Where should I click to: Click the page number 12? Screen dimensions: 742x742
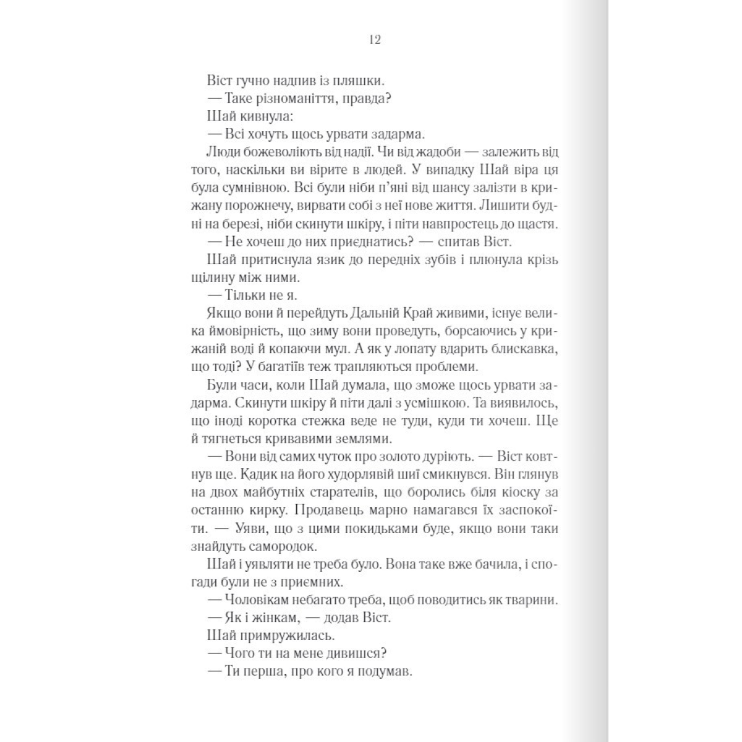click(374, 40)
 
